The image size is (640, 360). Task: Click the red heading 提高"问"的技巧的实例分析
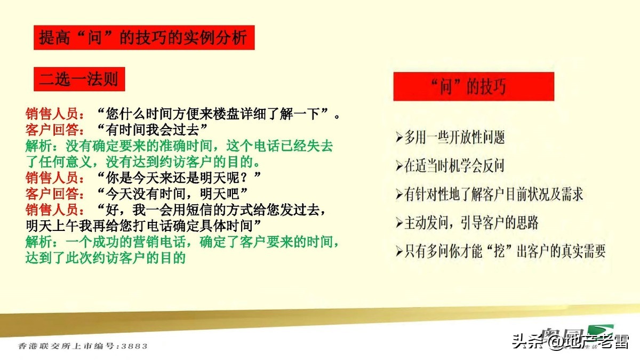pos(144,38)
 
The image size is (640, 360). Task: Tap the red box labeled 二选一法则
pos(78,80)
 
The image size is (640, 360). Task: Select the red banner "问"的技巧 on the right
pos(473,86)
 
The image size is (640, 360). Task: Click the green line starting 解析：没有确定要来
pos(179,145)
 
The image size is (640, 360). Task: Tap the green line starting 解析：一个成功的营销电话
pos(182,243)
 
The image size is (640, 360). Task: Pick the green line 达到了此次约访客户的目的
pos(105,258)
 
